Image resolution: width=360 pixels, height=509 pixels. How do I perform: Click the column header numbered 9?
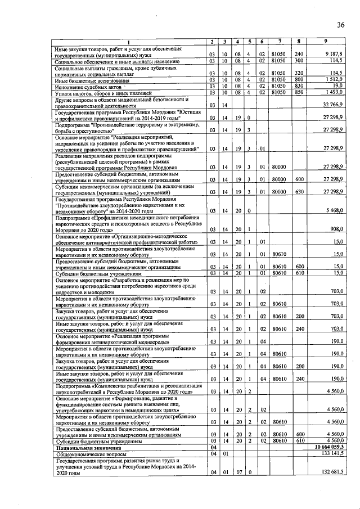tap(325, 41)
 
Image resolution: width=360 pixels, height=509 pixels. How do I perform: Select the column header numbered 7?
tap(278, 41)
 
